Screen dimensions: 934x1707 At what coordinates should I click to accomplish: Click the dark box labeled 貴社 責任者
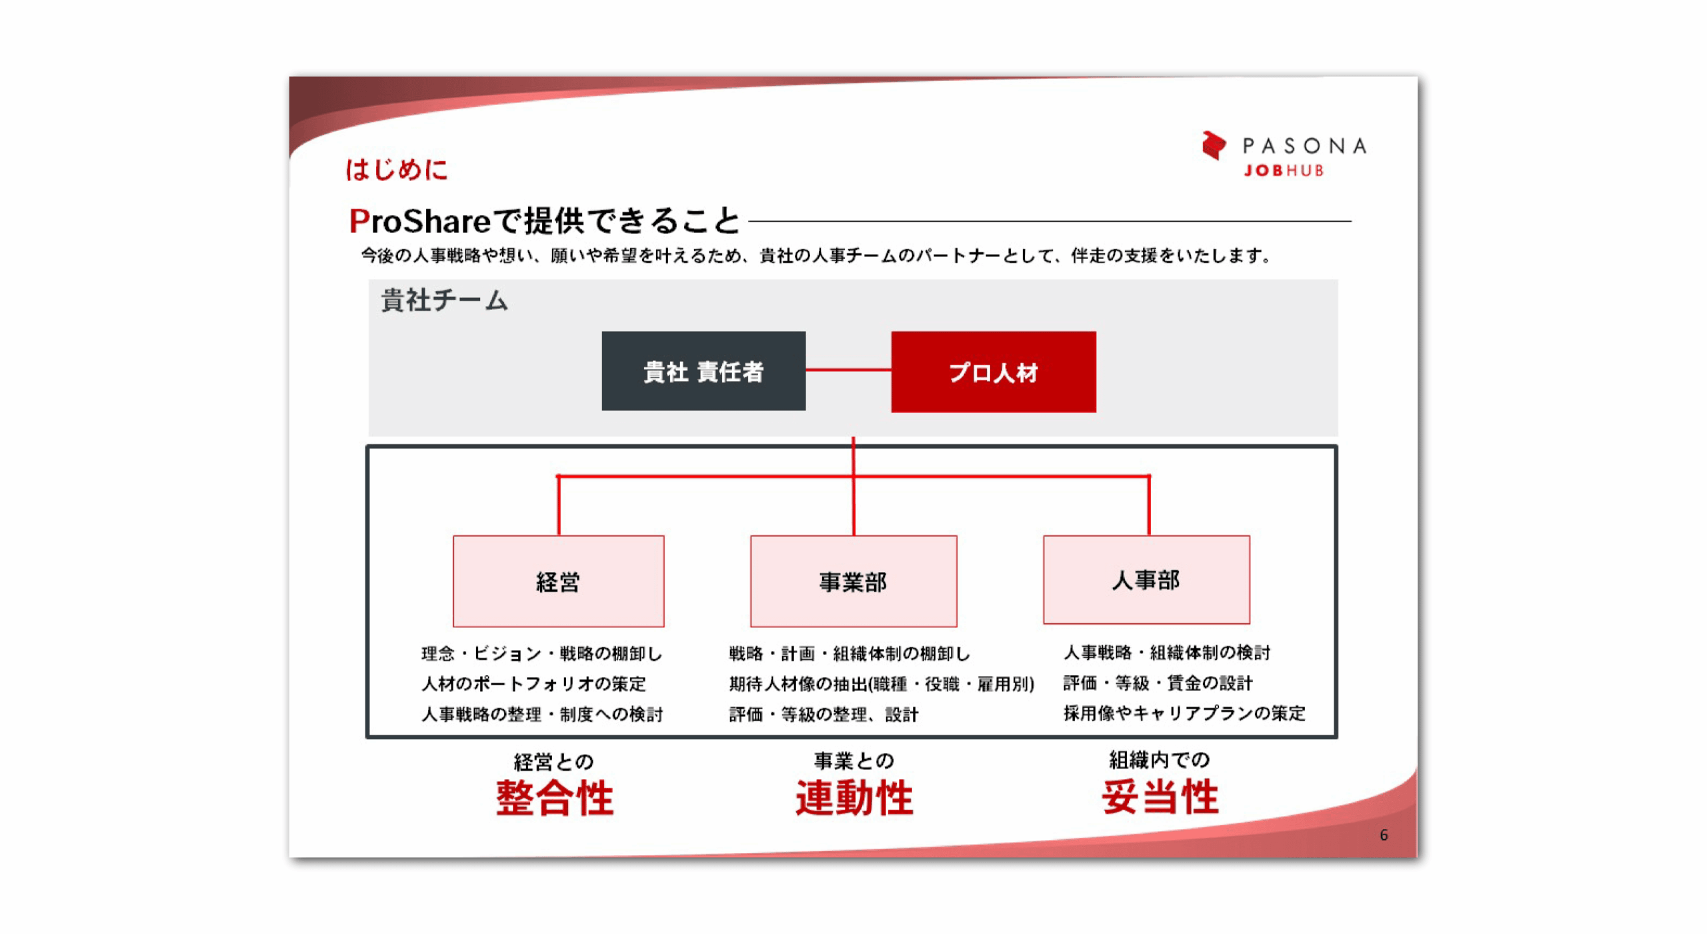point(703,371)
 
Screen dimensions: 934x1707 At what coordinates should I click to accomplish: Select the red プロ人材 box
point(993,371)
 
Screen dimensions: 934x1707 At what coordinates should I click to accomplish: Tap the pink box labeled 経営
point(558,581)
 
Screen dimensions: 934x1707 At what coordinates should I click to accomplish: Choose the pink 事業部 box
point(853,581)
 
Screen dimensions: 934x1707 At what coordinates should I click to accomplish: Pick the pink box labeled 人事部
point(1146,579)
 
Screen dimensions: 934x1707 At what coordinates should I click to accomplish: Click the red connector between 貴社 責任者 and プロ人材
point(848,369)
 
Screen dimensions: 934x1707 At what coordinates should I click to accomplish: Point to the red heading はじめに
point(396,169)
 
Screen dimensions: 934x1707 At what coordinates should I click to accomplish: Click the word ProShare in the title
point(420,221)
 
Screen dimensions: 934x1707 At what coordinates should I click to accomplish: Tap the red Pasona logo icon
point(1213,145)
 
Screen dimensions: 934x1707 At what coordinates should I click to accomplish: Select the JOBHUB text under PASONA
point(1284,171)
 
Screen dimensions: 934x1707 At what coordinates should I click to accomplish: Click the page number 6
point(1383,835)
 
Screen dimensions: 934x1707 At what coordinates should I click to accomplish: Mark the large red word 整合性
point(554,797)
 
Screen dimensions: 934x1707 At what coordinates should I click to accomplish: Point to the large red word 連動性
point(853,797)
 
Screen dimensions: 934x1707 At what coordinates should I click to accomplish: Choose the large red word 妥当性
point(1160,796)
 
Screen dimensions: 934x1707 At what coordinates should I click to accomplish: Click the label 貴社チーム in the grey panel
point(444,300)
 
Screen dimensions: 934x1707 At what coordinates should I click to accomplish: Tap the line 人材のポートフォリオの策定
point(533,683)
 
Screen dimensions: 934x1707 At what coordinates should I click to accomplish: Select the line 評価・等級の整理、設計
point(823,714)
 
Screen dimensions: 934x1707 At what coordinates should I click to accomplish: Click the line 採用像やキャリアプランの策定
point(1184,713)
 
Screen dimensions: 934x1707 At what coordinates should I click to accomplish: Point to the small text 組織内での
point(1159,759)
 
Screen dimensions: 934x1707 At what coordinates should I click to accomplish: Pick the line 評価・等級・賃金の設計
point(1158,683)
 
